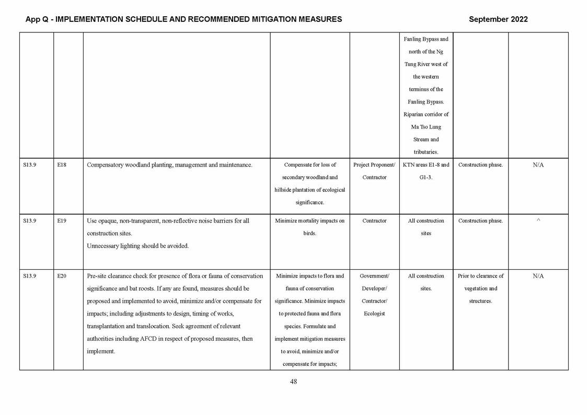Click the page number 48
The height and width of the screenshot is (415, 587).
coord(293,382)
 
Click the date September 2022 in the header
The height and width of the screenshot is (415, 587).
coord(498,19)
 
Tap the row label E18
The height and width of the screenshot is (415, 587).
coord(62,165)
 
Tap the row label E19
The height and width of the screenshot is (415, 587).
coord(62,221)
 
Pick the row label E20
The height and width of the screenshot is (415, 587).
coord(62,276)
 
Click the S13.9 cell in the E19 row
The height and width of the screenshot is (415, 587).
coord(30,221)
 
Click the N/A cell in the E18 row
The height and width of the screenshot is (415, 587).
coord(538,165)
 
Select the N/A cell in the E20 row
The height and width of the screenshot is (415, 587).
coord(538,276)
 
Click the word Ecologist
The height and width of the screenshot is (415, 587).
coord(374,314)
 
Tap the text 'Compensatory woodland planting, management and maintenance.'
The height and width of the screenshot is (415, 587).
coord(169,165)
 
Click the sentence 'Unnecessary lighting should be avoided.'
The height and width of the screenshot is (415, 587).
coord(137,246)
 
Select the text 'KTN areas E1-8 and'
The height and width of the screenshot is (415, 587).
coord(426,165)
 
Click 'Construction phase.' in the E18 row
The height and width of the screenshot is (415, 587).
coord(480,165)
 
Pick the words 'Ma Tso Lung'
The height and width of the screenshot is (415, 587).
coord(426,127)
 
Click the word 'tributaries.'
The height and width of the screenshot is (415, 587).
coord(426,152)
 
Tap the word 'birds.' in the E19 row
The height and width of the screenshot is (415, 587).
coord(310,234)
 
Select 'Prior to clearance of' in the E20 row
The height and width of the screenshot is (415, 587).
coord(480,276)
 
